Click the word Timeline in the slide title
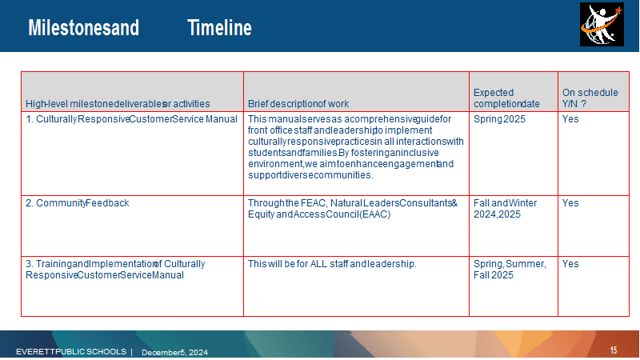(x=219, y=28)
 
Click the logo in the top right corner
(x=602, y=25)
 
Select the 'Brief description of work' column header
(x=298, y=104)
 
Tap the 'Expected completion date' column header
(x=506, y=98)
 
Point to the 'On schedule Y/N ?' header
(x=590, y=98)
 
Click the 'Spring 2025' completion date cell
(x=499, y=119)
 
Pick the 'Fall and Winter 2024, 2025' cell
(x=505, y=209)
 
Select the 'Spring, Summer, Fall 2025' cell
(x=510, y=270)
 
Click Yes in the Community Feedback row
(x=570, y=203)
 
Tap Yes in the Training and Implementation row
(x=570, y=264)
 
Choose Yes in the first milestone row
(x=570, y=118)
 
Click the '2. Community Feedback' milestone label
(x=77, y=203)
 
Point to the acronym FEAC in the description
(x=314, y=203)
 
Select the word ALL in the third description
(x=318, y=264)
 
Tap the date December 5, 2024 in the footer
(x=174, y=352)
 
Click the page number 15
(x=614, y=350)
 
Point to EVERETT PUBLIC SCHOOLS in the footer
(x=71, y=351)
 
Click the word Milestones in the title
(x=70, y=28)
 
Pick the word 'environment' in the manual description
(x=275, y=164)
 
